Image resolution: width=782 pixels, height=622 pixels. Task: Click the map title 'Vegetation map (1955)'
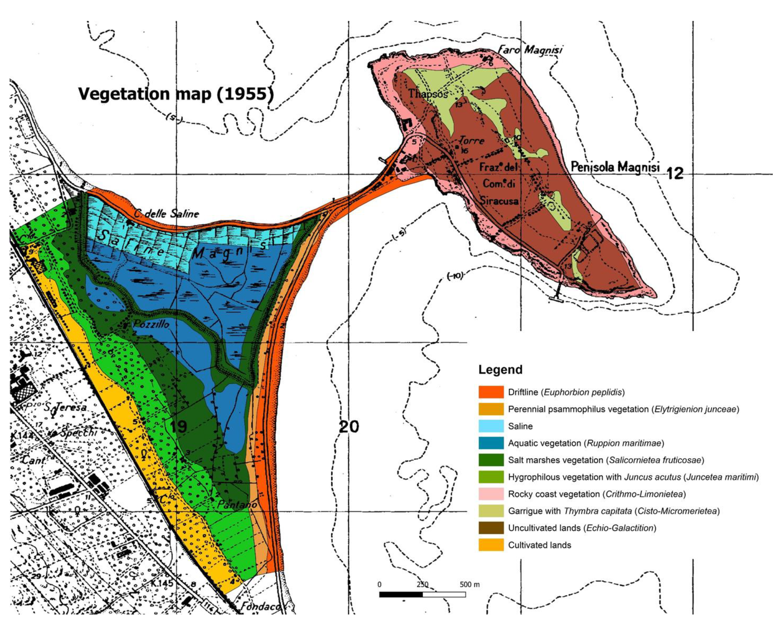click(x=176, y=94)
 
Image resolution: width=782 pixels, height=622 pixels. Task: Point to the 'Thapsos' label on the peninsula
click(x=428, y=93)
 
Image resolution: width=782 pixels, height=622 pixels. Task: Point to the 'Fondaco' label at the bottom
click(x=260, y=606)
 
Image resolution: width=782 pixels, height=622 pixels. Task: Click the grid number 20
click(x=349, y=427)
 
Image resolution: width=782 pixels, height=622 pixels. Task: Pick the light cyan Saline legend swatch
click(x=491, y=426)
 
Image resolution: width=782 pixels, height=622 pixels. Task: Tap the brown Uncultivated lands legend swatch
click(x=491, y=528)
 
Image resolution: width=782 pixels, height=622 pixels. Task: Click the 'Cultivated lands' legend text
click(x=539, y=545)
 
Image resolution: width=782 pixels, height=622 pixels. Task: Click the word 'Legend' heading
click(x=500, y=370)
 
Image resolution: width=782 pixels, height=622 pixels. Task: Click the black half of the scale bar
click(x=401, y=594)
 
